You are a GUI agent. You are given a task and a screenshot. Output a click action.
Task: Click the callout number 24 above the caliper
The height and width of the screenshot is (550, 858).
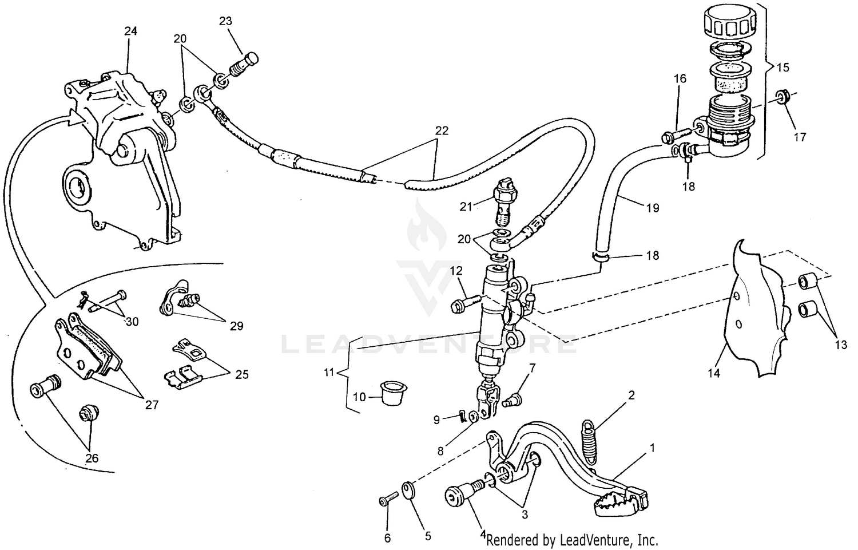(131, 31)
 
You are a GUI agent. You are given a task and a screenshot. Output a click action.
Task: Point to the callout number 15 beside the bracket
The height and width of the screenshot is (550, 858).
(783, 68)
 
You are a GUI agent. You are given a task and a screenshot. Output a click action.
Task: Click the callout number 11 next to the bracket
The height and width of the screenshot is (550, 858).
(328, 373)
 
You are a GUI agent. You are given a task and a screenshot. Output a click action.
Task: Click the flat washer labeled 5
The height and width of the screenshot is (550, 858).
(408, 490)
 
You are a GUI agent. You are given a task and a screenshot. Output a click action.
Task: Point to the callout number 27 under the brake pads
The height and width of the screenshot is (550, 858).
(151, 405)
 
